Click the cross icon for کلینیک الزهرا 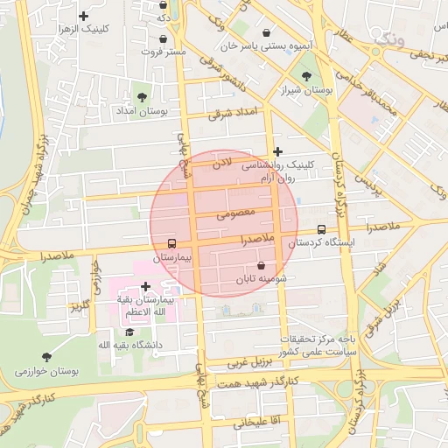coord(84,16)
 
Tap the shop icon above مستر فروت coord(164,38)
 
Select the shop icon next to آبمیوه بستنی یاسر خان coord(266,32)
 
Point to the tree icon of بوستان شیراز coord(305,76)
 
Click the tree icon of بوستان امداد coord(143,97)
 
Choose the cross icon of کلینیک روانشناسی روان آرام coord(278,151)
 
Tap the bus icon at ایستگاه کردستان coord(321,229)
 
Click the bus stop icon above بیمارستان coord(171,244)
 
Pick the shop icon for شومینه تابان coord(262,265)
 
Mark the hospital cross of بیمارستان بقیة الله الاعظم coord(144,286)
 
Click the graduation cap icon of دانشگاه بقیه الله coord(129,332)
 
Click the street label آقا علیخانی coord(255,422)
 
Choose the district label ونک coord(389,39)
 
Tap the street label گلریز coord(80,307)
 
